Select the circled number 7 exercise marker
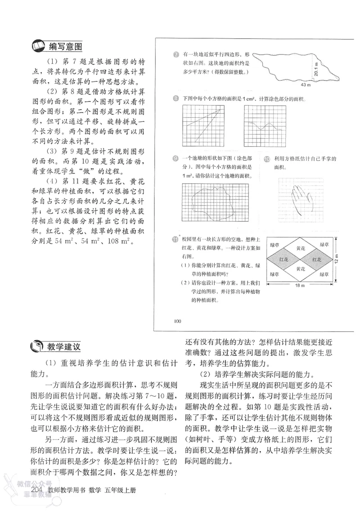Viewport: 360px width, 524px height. click(176, 55)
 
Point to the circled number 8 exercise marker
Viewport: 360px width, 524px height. click(176, 99)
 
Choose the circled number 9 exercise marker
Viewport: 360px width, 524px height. click(176, 158)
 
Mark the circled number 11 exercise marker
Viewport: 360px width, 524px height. click(176, 239)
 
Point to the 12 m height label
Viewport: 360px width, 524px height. click(338, 260)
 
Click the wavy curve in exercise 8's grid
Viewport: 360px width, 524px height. click(264, 125)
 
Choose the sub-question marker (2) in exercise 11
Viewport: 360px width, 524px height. click(184, 282)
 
